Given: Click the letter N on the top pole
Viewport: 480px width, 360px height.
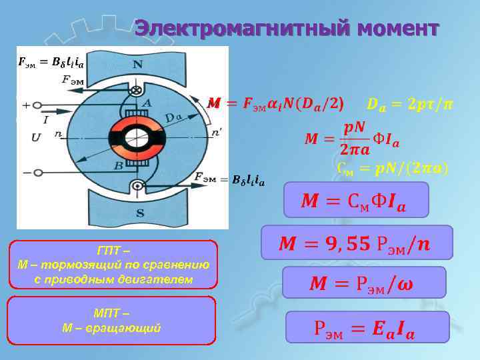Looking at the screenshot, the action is pyautogui.click(x=137, y=65).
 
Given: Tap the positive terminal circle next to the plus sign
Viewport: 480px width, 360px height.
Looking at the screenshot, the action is pyautogui.click(x=39, y=105).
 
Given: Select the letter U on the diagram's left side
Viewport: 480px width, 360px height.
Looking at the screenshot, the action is pyautogui.click(x=35, y=138).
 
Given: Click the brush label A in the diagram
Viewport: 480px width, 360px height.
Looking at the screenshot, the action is pyautogui.click(x=146, y=103).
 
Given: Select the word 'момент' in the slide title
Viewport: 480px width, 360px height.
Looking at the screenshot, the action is pyautogui.click(x=398, y=29).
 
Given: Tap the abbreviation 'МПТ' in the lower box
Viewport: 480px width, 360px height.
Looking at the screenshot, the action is pyautogui.click(x=112, y=314).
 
